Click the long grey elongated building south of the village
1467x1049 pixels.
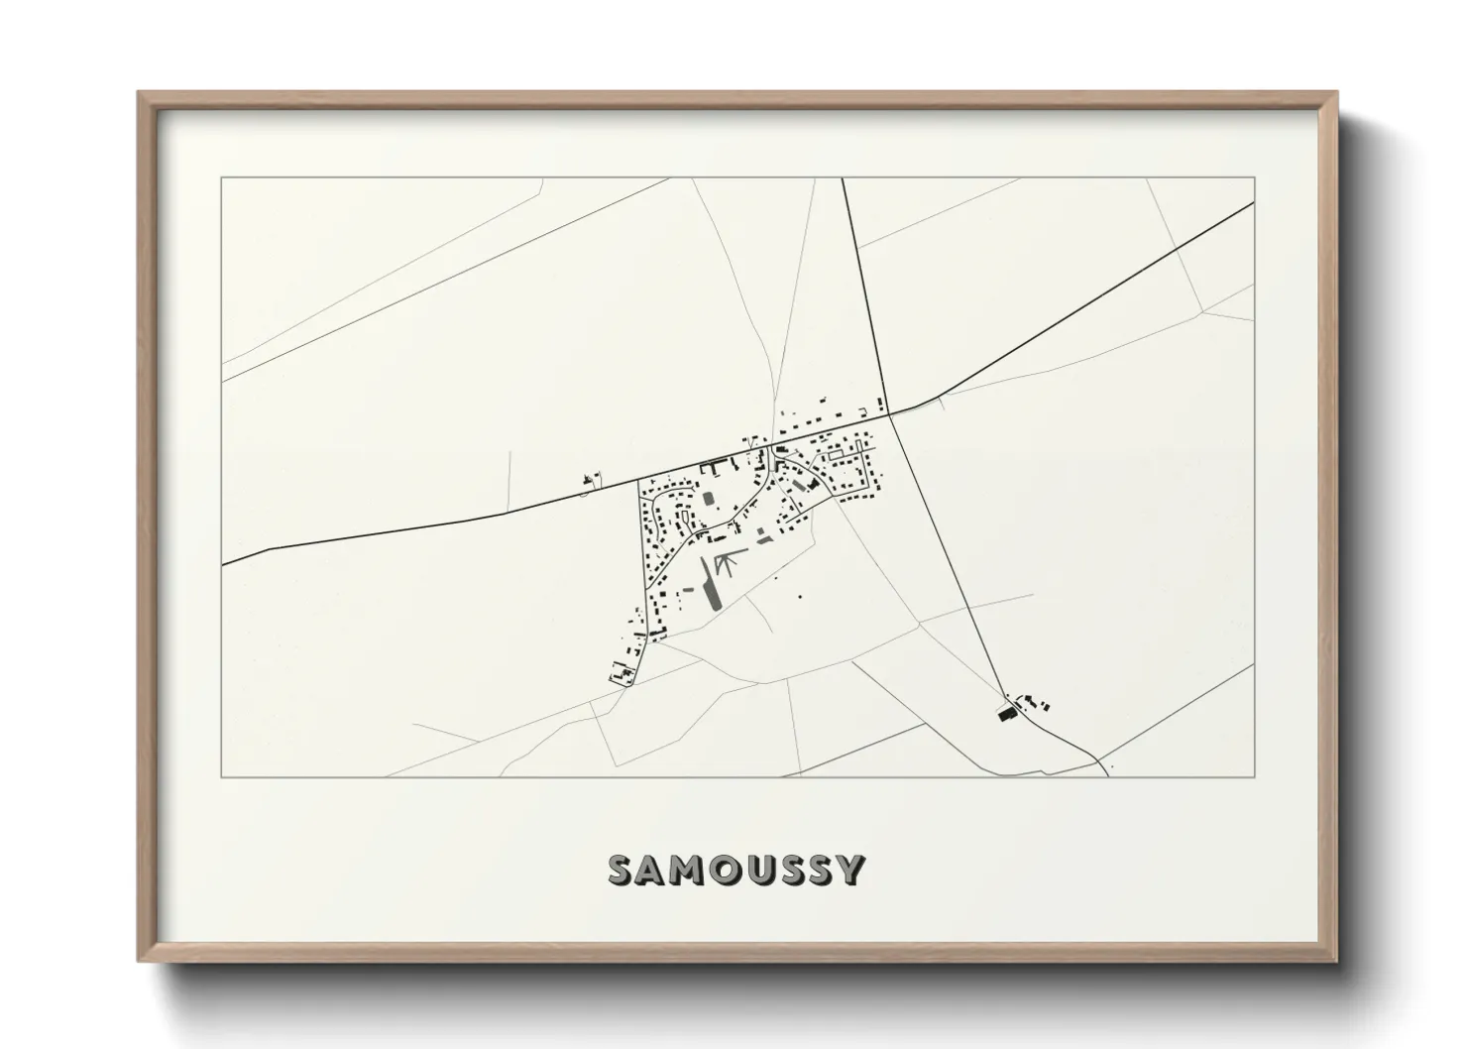(710, 584)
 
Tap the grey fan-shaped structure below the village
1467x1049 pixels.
(727, 563)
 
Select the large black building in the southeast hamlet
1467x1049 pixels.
(1007, 713)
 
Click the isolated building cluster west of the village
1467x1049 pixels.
(592, 481)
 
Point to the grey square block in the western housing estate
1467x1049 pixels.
(708, 499)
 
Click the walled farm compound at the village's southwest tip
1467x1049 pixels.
(623, 673)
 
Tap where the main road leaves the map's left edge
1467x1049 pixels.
(222, 564)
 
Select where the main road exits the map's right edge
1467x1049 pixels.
(1254, 202)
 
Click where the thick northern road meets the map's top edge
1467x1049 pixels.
(843, 178)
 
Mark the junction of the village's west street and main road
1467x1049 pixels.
(637, 481)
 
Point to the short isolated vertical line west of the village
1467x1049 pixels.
(509, 480)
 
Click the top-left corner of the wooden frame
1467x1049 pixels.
(140, 93)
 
